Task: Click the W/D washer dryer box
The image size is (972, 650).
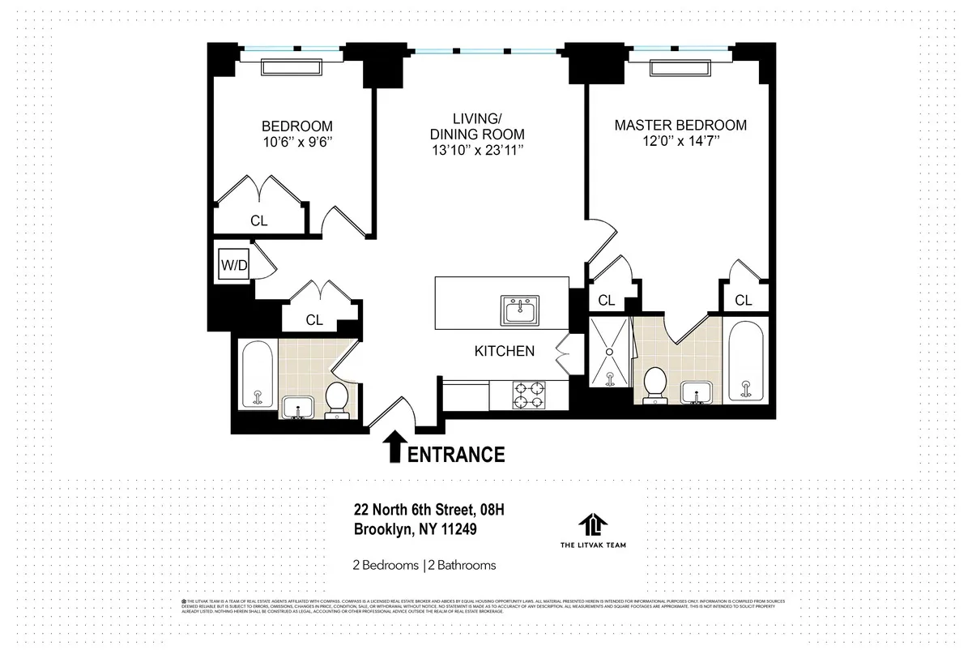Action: pyautogui.click(x=232, y=264)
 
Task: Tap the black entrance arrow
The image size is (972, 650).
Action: pyautogui.click(x=394, y=447)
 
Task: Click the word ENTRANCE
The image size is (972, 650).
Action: pyautogui.click(x=456, y=455)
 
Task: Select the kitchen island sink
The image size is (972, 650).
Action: pyautogui.click(x=522, y=310)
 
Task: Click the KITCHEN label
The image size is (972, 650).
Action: pyautogui.click(x=504, y=351)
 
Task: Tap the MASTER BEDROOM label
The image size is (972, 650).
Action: pyautogui.click(x=680, y=126)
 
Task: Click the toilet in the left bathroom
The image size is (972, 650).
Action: pyautogui.click(x=336, y=400)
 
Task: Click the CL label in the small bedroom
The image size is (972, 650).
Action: pyautogui.click(x=258, y=220)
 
